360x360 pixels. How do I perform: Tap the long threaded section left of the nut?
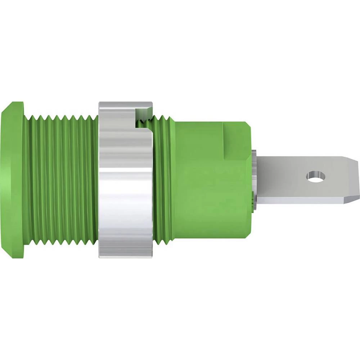click(x=61, y=180)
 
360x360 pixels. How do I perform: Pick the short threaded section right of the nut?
click(x=164, y=180)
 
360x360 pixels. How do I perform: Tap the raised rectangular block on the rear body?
click(x=236, y=140)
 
